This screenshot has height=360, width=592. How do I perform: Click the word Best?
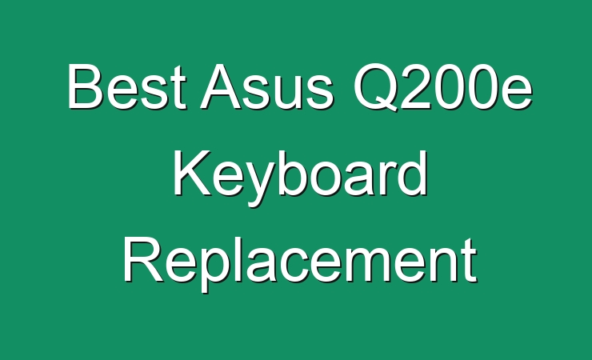[127, 86]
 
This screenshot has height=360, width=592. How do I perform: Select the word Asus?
[266, 86]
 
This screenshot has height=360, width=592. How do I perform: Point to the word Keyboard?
[300, 177]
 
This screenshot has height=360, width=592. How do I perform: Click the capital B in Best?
[86, 86]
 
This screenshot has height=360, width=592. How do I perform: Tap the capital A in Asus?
[222, 86]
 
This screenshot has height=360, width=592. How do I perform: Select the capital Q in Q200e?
[376, 88]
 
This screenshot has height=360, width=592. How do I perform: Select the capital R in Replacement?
[143, 260]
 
